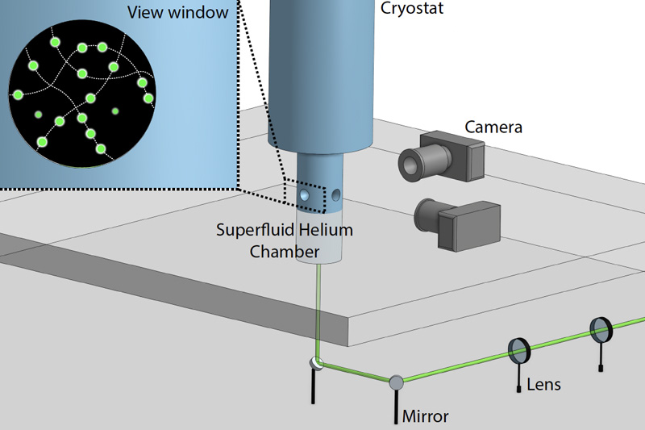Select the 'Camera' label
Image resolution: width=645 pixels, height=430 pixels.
(493, 127)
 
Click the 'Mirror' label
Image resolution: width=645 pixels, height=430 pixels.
(427, 416)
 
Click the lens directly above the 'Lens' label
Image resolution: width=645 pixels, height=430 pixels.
(519, 350)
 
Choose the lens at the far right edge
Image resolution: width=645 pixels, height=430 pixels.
(601, 328)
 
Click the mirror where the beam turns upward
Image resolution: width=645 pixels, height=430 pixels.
(317, 364)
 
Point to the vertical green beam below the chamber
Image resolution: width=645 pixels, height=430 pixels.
(318, 307)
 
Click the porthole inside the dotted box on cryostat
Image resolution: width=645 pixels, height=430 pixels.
(305, 195)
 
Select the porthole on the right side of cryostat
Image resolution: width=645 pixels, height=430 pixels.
(338, 194)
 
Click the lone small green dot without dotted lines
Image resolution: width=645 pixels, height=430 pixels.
(115, 111)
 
